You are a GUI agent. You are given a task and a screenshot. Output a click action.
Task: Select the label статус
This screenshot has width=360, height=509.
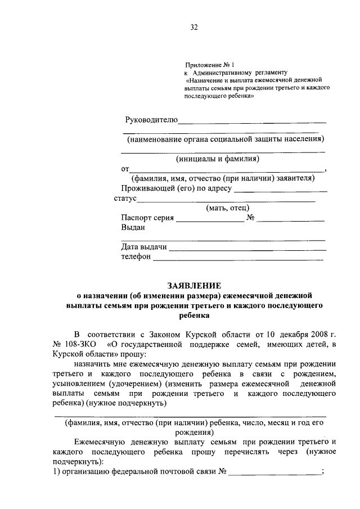[x=125, y=199]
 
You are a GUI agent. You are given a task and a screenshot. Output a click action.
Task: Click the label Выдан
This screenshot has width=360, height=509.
[x=133, y=228]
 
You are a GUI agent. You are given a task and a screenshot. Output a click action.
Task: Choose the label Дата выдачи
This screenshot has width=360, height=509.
[x=144, y=247]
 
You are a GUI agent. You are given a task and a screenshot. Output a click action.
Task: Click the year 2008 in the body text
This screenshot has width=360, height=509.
[x=304, y=334]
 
